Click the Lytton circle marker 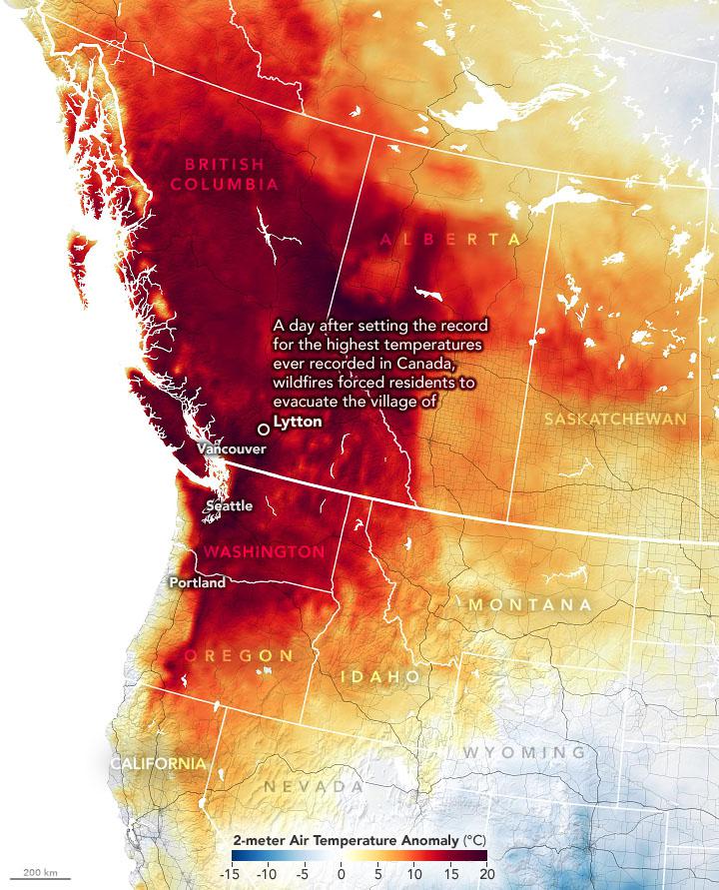pyautogui.click(x=264, y=429)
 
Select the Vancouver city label pyautogui.click(x=232, y=449)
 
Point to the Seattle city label pyautogui.click(x=229, y=506)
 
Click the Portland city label pyautogui.click(x=197, y=582)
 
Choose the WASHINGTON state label pyautogui.click(x=264, y=551)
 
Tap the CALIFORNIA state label pyautogui.click(x=159, y=763)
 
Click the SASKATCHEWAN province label pyautogui.click(x=616, y=420)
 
